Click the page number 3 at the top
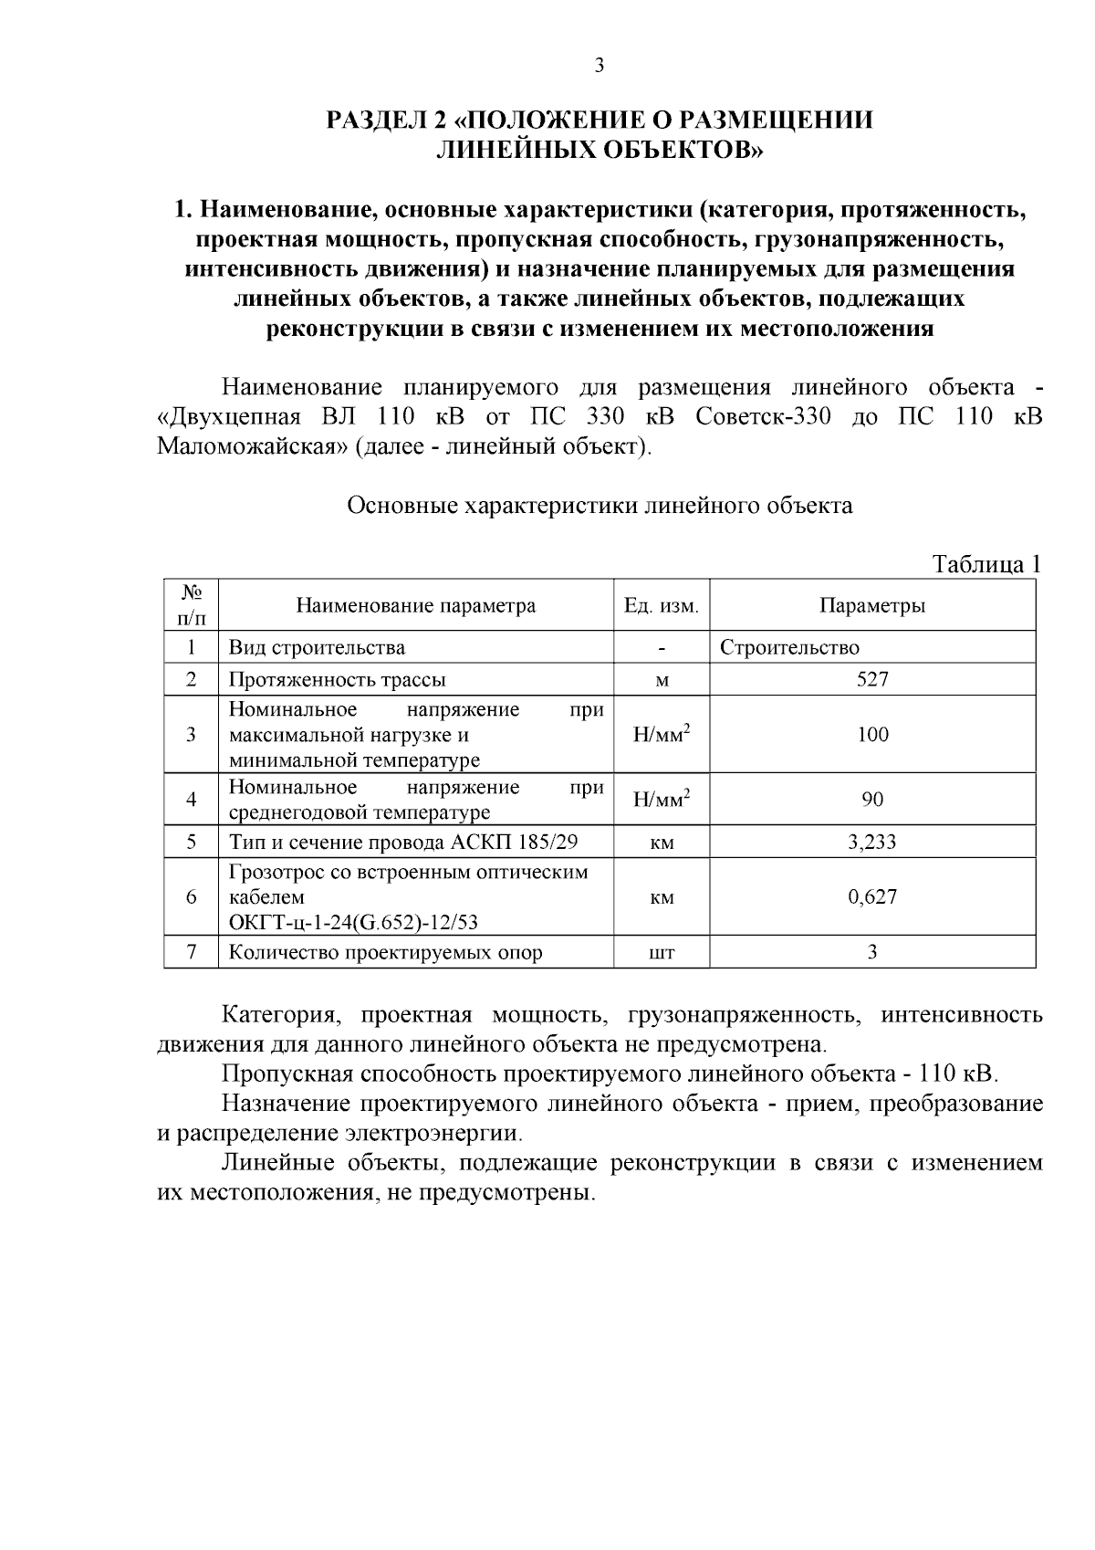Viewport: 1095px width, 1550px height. click(x=600, y=65)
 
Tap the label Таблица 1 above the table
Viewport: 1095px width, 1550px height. click(x=986, y=564)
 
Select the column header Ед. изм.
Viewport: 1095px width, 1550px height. click(x=662, y=606)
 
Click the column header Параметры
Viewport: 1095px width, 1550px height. click(x=872, y=606)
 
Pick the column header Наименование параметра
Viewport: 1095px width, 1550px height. click(x=416, y=606)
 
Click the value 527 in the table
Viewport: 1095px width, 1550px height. click(x=872, y=679)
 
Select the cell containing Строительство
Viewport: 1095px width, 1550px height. click(x=789, y=648)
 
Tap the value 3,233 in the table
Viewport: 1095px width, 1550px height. click(x=872, y=842)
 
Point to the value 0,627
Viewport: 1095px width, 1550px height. click(x=872, y=896)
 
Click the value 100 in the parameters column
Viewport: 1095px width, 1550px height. click(x=872, y=735)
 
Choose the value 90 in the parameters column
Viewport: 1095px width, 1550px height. click(x=872, y=800)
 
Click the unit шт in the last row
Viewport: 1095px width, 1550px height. click(x=662, y=953)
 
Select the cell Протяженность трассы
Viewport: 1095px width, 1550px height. click(x=337, y=679)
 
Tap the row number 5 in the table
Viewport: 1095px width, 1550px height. click(x=192, y=842)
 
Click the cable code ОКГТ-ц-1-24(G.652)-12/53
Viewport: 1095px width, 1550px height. click(x=353, y=922)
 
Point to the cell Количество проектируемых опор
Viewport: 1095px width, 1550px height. click(x=385, y=953)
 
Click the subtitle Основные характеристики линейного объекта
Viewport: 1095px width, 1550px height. click(x=600, y=506)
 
